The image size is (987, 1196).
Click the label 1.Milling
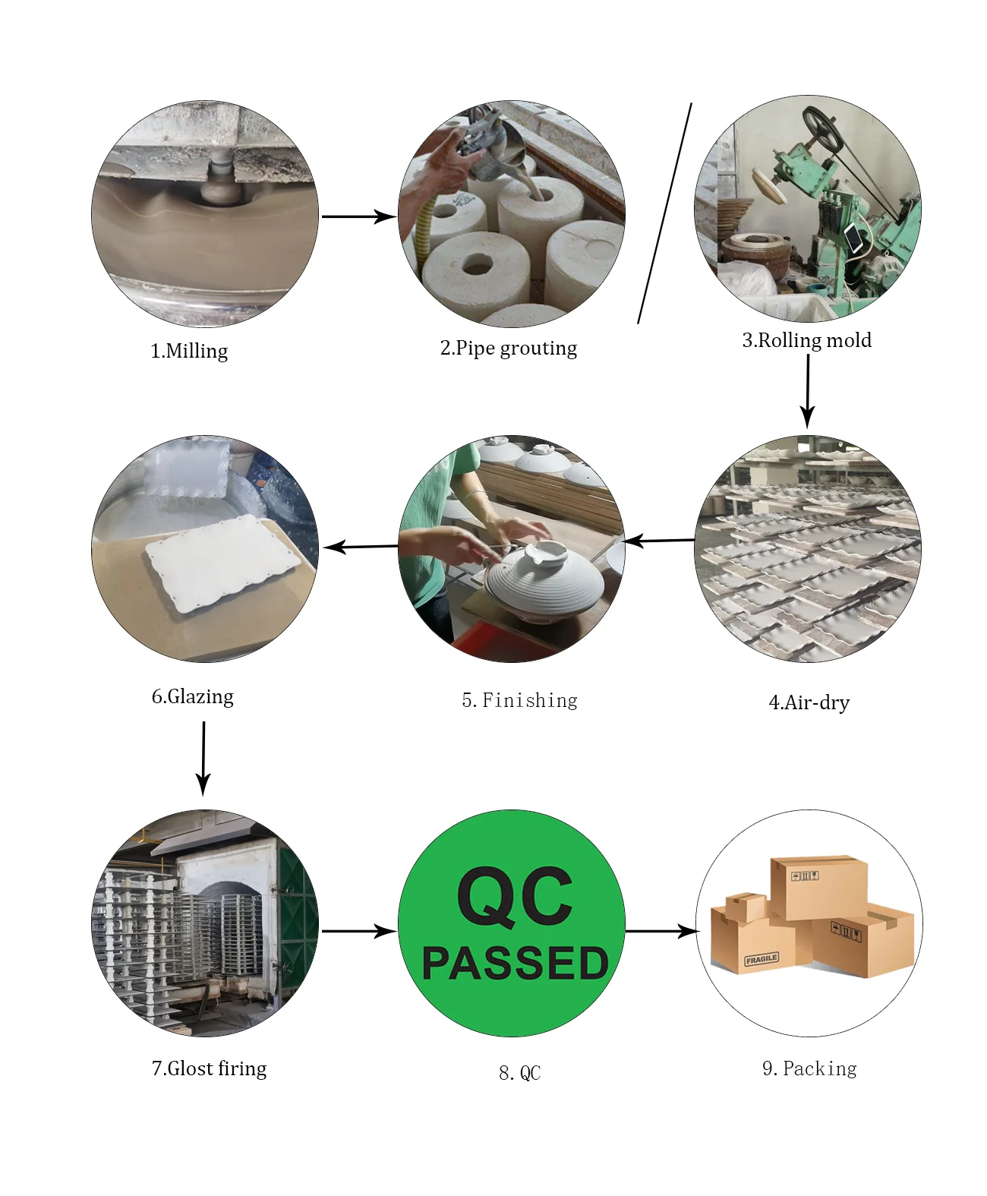(189, 351)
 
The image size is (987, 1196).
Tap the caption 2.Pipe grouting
(508, 348)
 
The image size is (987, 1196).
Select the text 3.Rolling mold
(806, 340)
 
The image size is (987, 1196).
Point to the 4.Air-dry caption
(809, 702)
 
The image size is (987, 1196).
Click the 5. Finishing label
(519, 700)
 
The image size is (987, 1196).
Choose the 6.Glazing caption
(193, 696)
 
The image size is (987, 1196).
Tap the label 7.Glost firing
(210, 1068)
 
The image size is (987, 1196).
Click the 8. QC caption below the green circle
(519, 1073)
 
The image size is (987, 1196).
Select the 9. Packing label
(809, 1068)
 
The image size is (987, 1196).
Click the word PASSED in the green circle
(516, 963)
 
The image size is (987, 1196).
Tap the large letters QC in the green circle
(515, 898)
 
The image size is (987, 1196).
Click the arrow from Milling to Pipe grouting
(358, 216)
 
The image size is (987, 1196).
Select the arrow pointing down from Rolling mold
(808, 390)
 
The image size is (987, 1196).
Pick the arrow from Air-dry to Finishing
(658, 541)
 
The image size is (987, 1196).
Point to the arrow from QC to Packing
(661, 930)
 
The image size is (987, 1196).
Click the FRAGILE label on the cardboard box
(761, 959)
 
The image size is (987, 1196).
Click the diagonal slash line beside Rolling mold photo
(664, 213)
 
